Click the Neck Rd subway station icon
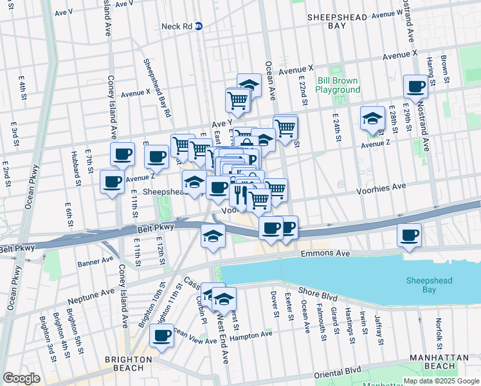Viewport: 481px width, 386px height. pos(199,26)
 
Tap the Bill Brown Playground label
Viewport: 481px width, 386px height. pos(338,86)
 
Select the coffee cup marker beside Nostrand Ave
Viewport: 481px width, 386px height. pos(415,86)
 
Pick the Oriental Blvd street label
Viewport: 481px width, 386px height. pos(338,371)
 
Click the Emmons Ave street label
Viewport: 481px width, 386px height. pos(322,254)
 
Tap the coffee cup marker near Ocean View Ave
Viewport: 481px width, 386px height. pos(161,335)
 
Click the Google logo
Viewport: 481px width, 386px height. pos(22,378)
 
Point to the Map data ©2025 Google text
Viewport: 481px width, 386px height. pos(440,381)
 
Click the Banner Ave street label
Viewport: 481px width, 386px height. pos(95,261)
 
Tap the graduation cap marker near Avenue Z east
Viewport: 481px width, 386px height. pos(372,118)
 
